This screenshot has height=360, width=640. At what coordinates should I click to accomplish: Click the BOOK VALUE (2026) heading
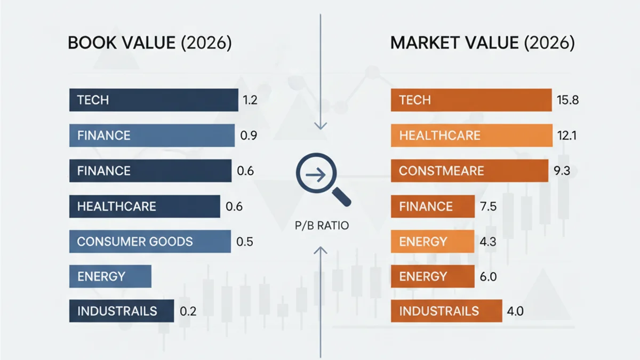(x=150, y=43)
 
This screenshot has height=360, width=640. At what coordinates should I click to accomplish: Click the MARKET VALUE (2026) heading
(x=483, y=43)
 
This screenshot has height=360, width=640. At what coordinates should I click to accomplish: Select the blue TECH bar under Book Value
(x=154, y=100)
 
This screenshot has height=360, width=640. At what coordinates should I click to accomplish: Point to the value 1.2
(x=250, y=100)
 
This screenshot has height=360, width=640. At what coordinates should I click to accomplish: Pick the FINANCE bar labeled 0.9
(x=152, y=135)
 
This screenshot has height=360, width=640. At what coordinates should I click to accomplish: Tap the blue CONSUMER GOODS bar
(x=150, y=242)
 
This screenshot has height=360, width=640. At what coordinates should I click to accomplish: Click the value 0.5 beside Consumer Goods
(x=245, y=242)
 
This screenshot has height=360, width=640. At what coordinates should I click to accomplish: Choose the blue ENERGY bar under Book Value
(x=110, y=276)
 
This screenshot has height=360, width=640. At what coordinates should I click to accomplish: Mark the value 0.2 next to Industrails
(x=188, y=311)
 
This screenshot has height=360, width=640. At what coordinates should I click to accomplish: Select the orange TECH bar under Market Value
(x=471, y=100)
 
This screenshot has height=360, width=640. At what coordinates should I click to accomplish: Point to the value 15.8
(x=567, y=100)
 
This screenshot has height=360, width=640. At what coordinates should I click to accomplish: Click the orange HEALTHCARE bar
(x=471, y=135)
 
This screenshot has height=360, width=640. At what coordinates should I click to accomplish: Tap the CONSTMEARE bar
(x=469, y=171)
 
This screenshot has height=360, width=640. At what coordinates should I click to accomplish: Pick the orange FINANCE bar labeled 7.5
(x=433, y=206)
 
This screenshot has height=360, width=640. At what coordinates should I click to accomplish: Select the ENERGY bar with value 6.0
(x=433, y=276)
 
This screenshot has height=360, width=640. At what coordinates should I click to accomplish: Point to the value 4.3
(x=487, y=242)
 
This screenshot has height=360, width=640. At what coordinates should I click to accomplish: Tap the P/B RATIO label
(x=322, y=226)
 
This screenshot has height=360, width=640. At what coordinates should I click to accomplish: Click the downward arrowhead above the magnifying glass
(x=320, y=126)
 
